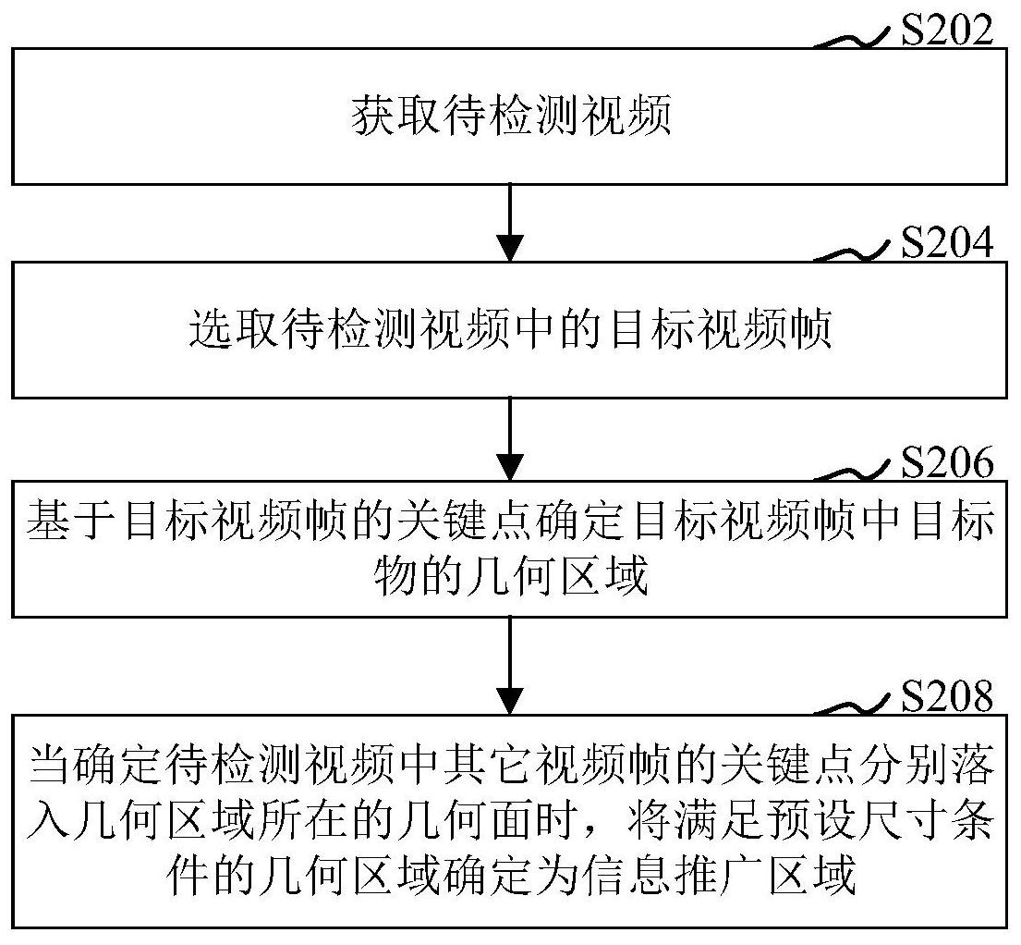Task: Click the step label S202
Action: (x=947, y=29)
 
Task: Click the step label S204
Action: (x=947, y=242)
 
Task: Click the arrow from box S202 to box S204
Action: (x=510, y=223)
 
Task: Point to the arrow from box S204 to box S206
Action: (x=510, y=439)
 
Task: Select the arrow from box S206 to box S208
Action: (x=510, y=666)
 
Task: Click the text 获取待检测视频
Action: (x=511, y=117)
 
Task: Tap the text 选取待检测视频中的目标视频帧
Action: (x=511, y=328)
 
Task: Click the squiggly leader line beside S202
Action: (x=853, y=37)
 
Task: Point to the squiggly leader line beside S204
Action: (x=853, y=252)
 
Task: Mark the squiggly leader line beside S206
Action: (x=853, y=472)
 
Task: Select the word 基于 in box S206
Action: (x=69, y=522)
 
